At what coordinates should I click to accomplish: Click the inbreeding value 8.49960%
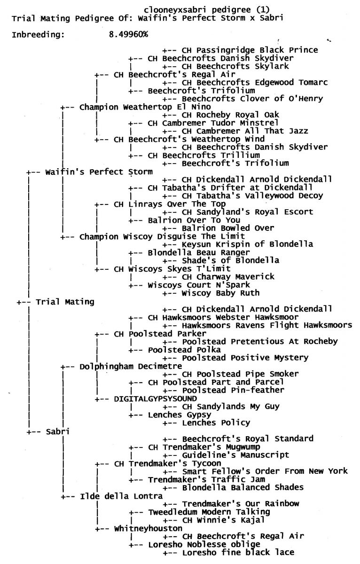click(128, 34)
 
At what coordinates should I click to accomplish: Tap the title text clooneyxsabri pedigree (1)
click(207, 10)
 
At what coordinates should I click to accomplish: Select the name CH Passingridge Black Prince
click(250, 50)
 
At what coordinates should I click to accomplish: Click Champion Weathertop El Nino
click(145, 107)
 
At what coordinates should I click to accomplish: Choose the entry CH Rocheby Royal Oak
click(230, 115)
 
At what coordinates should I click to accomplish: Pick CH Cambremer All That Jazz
click(245, 131)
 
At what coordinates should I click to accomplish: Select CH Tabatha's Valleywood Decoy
click(252, 196)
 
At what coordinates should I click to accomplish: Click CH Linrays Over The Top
click(170, 204)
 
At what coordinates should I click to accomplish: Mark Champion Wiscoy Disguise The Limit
click(162, 237)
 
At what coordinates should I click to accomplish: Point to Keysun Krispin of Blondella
click(248, 244)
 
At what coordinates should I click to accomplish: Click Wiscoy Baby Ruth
click(220, 293)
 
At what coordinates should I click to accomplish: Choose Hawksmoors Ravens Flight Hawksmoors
click(267, 326)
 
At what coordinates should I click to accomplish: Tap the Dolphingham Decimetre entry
click(131, 366)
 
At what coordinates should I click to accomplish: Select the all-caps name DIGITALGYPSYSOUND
click(156, 399)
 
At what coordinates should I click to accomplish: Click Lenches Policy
click(216, 423)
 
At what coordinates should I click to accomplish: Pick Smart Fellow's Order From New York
click(265, 471)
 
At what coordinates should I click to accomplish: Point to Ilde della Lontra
click(121, 496)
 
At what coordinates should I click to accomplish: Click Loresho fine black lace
click(238, 553)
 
